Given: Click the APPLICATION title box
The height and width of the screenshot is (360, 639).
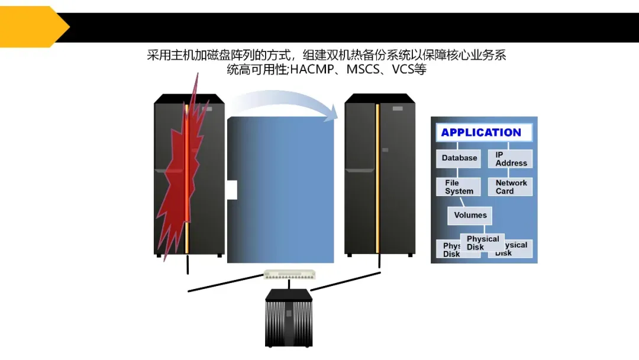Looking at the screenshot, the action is pyautogui.click(x=481, y=133).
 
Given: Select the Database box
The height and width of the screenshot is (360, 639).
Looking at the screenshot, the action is pyautogui.click(x=459, y=158).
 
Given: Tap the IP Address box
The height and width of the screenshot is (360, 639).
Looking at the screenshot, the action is pyautogui.click(x=510, y=159).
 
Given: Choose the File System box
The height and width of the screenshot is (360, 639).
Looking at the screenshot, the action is pyautogui.click(x=459, y=187).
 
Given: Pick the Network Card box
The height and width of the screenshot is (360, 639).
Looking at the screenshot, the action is pyautogui.click(x=510, y=187).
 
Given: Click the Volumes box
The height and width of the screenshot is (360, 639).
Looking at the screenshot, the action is pyautogui.click(x=470, y=216).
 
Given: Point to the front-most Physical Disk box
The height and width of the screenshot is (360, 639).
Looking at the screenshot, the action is pyautogui.click(x=483, y=243).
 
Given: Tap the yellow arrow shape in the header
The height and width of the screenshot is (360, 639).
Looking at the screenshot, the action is pyautogui.click(x=33, y=27).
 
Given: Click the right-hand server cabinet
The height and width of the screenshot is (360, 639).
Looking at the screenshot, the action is pyautogui.click(x=380, y=178).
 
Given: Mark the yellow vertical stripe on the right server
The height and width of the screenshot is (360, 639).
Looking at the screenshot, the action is pyautogui.click(x=377, y=178).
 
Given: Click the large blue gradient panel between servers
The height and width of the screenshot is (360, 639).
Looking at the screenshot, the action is pyautogui.click(x=284, y=189).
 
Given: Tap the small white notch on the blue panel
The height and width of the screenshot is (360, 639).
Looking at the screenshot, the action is pyautogui.click(x=232, y=190).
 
